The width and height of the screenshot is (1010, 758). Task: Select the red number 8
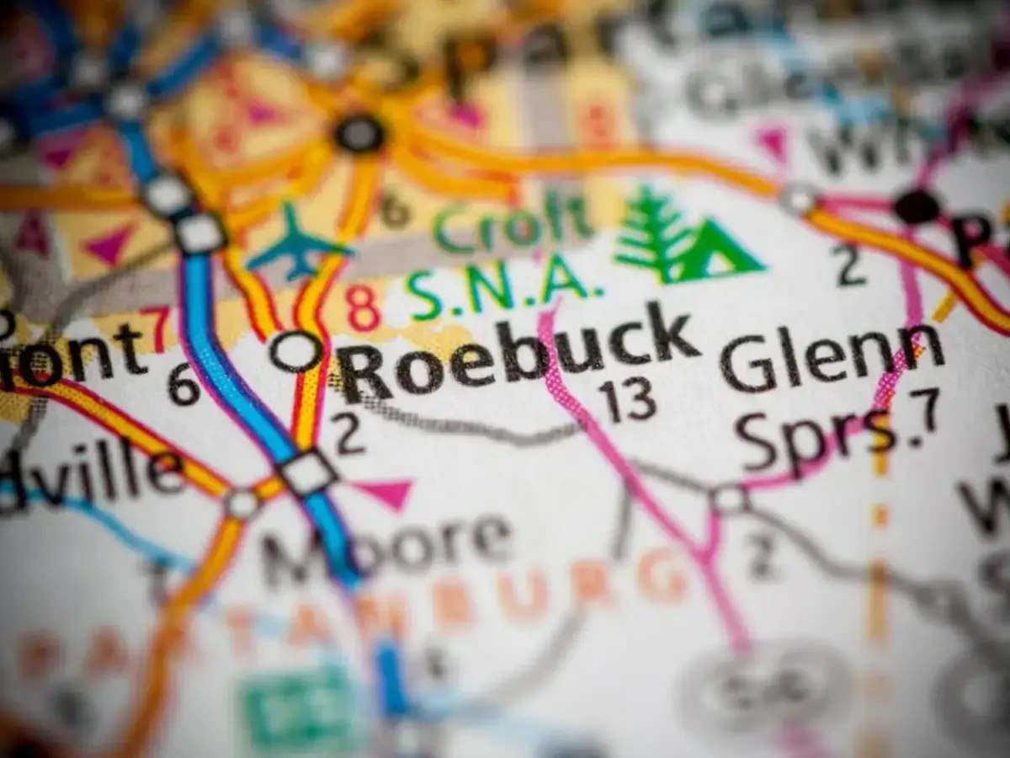click(x=364, y=308)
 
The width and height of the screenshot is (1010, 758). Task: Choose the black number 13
click(x=630, y=401)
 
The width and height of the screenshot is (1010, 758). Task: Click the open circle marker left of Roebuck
click(x=296, y=350)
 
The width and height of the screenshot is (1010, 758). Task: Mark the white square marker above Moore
click(x=308, y=472)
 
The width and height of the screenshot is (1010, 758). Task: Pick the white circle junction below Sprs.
click(x=729, y=499)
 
